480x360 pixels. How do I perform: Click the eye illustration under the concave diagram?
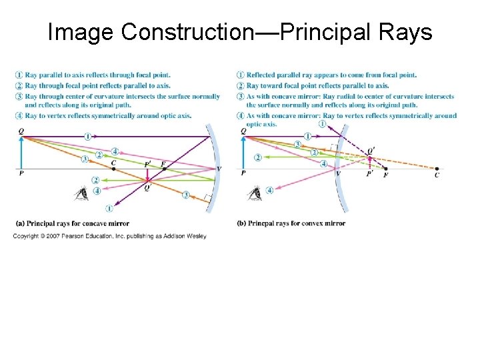click(82, 194)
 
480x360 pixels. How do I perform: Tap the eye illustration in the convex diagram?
click(255, 193)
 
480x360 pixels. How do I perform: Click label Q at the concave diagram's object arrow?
click(21, 132)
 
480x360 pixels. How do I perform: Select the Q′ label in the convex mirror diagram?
click(371, 151)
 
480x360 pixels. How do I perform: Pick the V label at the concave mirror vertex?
click(219, 168)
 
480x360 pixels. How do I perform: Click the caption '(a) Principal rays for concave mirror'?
click(71, 223)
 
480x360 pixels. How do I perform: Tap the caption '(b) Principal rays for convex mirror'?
click(291, 223)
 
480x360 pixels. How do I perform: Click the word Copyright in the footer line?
click(26, 236)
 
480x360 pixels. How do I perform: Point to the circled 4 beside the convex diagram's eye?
click(269, 190)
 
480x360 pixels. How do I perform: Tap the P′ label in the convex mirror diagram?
click(369, 173)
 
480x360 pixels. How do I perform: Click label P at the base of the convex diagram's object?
click(243, 173)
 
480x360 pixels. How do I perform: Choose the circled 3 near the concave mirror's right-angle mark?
click(186, 195)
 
